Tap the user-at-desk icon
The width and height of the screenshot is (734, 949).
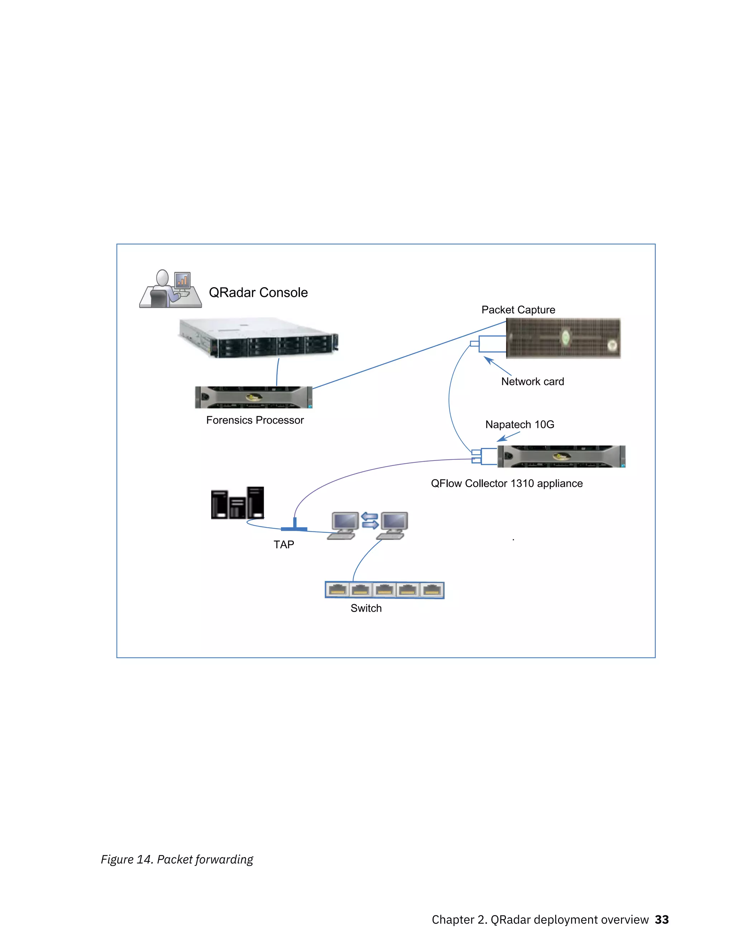point(170,289)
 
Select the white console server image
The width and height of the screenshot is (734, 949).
point(258,338)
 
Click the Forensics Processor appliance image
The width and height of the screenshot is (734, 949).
point(253,397)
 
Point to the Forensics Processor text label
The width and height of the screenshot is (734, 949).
point(255,420)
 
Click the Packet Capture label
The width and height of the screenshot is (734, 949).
point(518,310)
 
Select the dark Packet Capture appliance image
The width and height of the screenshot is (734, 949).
point(563,338)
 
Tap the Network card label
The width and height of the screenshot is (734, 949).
point(532,381)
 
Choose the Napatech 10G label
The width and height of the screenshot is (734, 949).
point(520,424)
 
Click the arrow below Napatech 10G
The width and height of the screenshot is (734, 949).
point(507,437)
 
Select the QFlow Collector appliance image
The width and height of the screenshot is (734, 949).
point(561,456)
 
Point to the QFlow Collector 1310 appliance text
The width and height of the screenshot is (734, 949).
point(506,483)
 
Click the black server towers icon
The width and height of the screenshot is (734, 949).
point(237,503)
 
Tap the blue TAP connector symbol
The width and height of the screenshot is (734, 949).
point(294,527)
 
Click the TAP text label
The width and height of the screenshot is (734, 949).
point(283,544)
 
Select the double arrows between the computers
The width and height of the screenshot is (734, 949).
point(370,521)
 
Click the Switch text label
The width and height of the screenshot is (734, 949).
point(366,608)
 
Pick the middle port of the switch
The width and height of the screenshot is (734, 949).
point(385,590)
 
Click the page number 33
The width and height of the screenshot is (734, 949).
point(662,919)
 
